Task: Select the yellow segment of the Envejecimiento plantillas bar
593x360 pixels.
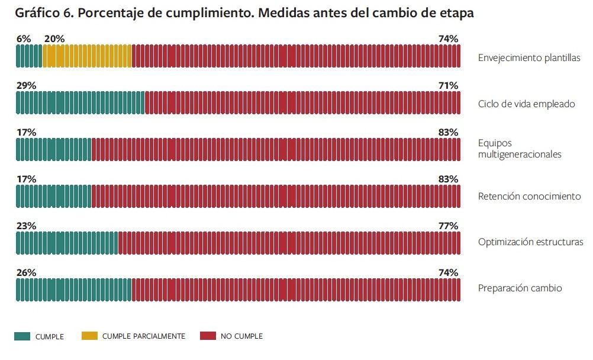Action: pos(87,56)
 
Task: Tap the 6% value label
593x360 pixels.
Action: pos(24,39)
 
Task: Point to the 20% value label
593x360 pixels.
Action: pos(54,39)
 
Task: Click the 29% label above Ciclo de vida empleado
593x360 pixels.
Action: pos(26,86)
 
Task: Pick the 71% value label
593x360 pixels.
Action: pos(448,86)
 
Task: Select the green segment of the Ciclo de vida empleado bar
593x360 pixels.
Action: pos(80,103)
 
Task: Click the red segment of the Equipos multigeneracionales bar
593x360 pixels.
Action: pos(275,150)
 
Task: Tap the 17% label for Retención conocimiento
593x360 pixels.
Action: pos(26,179)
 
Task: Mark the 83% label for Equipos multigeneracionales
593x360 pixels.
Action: pos(448,133)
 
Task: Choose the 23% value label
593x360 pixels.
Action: pos(26,226)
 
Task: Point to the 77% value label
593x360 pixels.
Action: pos(448,226)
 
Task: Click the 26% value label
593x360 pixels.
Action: pos(26,273)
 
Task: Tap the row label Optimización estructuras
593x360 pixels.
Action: pos(530,242)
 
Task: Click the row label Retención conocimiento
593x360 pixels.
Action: pos(529,197)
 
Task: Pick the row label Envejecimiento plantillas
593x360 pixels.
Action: pos(529,58)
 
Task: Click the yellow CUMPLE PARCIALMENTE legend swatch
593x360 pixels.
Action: pos(89,336)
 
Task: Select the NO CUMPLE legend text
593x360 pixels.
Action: pos(241,336)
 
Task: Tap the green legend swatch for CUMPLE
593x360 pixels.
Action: pos(22,336)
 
